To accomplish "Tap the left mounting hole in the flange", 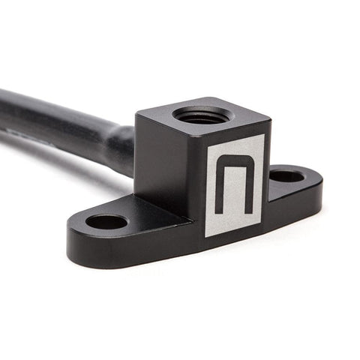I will click(106, 221).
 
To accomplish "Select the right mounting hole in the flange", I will click(286, 177).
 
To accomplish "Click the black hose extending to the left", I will click(52, 120).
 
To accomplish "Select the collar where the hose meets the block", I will click(120, 147).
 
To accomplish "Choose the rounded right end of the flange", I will click(315, 187).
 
